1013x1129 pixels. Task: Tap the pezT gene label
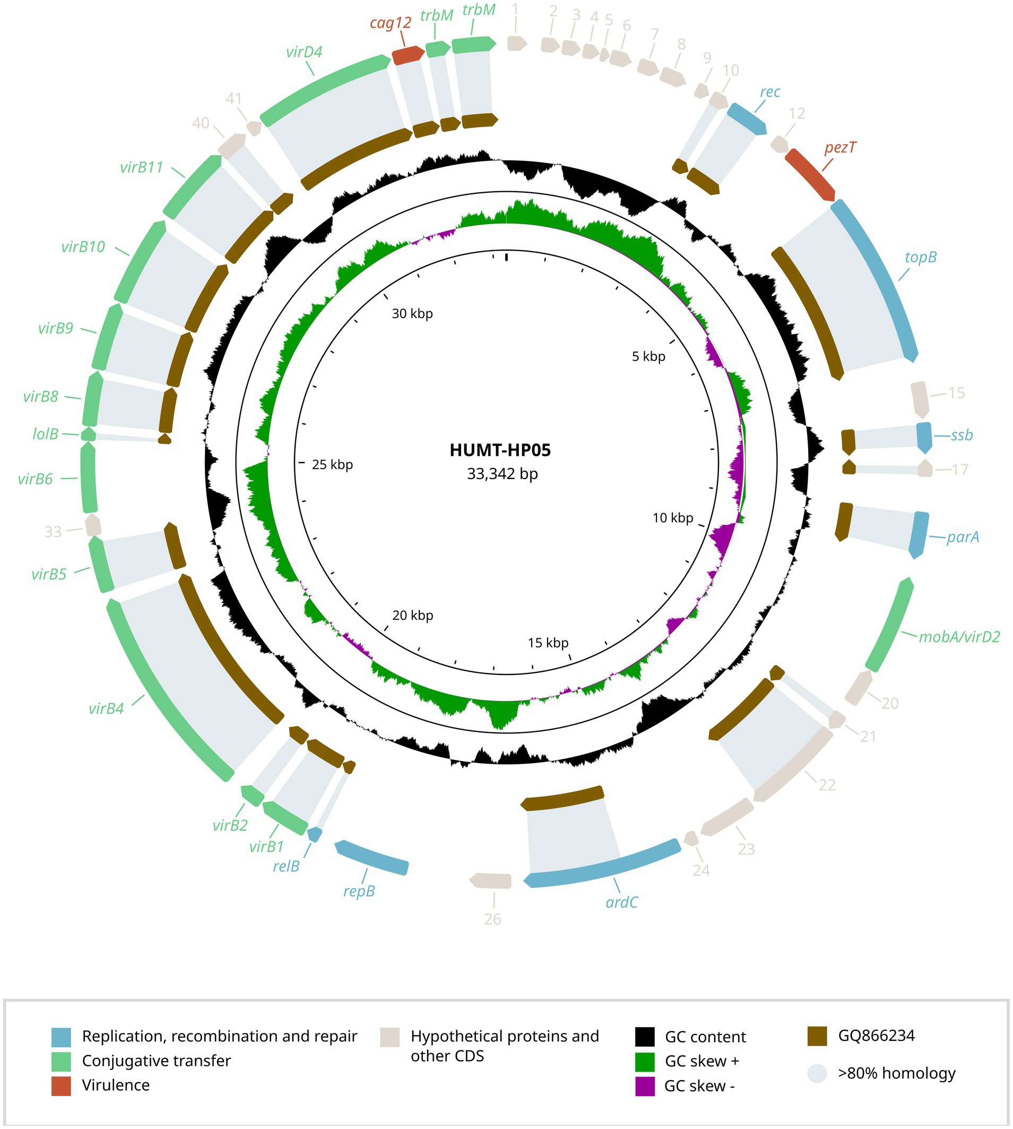(840, 148)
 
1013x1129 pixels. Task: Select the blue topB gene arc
(879, 278)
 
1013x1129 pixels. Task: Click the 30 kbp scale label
(412, 313)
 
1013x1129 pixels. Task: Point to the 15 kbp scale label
(548, 643)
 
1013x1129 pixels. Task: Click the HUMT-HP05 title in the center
(500, 450)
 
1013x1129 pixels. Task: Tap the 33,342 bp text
(502, 474)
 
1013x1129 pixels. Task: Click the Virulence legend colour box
(60, 1085)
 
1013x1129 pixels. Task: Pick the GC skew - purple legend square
(645, 1086)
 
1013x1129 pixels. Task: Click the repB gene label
(359, 891)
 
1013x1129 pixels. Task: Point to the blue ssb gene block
(924, 437)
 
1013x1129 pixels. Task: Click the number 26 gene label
(492, 919)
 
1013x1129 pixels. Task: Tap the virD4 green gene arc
(323, 89)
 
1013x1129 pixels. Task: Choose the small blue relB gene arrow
(315, 834)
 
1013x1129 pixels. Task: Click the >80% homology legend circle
(817, 1073)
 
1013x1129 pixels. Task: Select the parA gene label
(963, 537)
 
